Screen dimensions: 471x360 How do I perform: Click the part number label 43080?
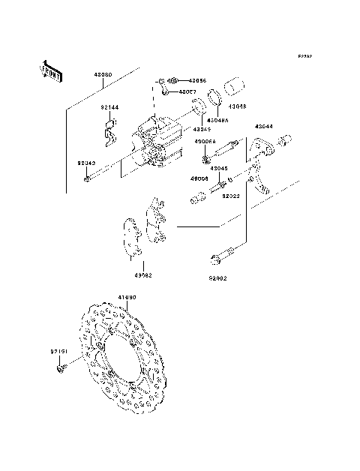103,76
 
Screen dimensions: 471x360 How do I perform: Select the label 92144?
110,107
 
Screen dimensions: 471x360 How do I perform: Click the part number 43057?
187,91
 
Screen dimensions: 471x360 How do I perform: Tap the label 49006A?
205,141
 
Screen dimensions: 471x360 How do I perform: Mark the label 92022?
229,196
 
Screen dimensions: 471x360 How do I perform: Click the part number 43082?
143,274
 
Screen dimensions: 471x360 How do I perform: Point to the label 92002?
217,277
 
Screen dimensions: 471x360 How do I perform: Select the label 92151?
59,351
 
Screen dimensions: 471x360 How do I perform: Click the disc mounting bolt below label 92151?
61,368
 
